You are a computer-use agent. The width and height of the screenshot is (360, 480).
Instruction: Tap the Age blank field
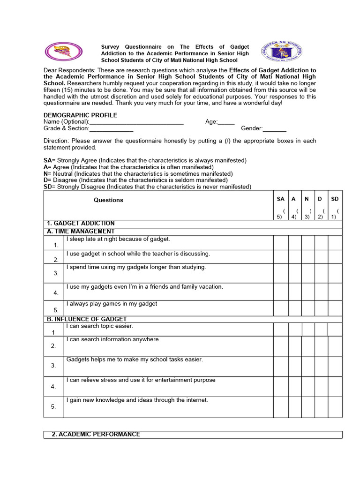click(x=226, y=122)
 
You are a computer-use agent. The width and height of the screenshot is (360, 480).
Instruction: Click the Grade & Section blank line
click(x=111, y=128)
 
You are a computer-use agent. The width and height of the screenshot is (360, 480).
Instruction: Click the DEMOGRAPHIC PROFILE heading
click(x=80, y=115)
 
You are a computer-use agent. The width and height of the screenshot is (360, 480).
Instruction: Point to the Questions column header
click(x=108, y=200)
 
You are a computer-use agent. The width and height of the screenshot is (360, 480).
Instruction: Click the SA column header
click(x=280, y=199)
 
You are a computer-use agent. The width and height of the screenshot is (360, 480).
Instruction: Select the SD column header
click(x=335, y=199)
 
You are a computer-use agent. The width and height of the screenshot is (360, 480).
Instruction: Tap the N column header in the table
click(x=307, y=199)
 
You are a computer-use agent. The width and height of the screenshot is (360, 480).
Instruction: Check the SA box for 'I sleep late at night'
click(x=281, y=243)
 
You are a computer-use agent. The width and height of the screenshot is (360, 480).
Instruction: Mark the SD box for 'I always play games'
click(x=335, y=308)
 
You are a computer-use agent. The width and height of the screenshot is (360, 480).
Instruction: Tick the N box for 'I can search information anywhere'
click(x=308, y=346)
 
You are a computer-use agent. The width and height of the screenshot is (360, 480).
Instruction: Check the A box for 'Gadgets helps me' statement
click(x=295, y=366)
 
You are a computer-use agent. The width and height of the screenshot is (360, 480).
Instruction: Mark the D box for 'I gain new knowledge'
click(x=322, y=406)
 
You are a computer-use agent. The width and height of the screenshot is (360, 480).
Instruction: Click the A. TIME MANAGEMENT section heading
click(x=80, y=231)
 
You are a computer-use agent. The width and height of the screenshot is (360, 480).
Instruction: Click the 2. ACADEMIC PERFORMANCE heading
click(x=96, y=435)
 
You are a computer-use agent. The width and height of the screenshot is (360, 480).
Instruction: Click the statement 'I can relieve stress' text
click(x=141, y=380)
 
